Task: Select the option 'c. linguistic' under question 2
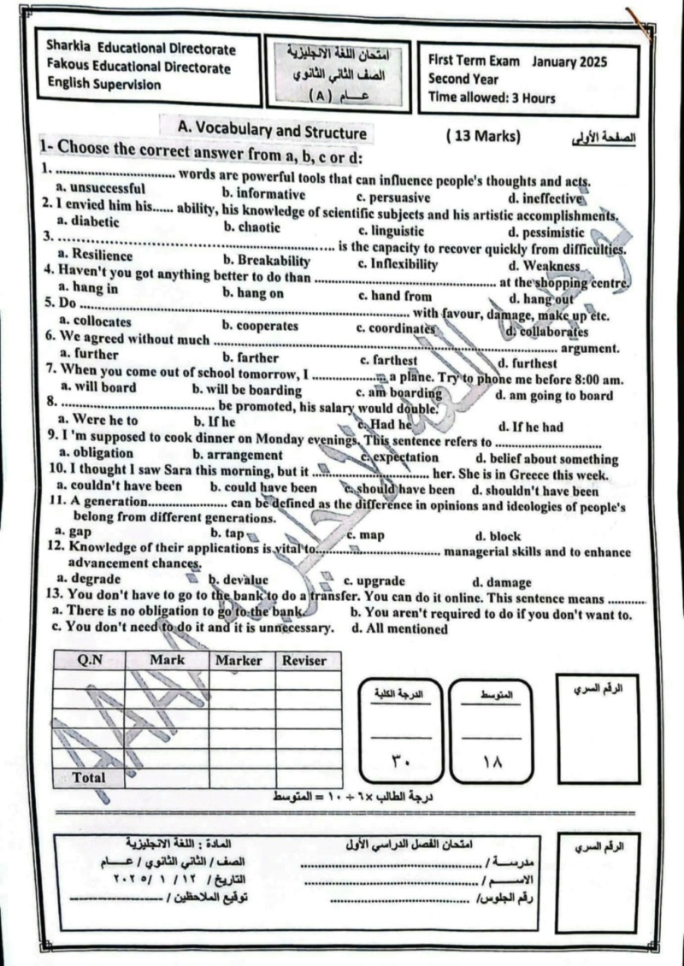click(x=391, y=231)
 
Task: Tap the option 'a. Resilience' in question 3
click(x=95, y=256)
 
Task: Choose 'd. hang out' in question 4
click(x=540, y=299)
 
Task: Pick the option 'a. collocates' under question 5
click(x=95, y=322)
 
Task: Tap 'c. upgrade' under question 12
click(x=374, y=581)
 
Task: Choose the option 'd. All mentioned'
click(x=399, y=629)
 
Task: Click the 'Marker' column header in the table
click(x=239, y=661)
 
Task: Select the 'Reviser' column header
click(x=304, y=661)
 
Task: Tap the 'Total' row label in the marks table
click(x=89, y=778)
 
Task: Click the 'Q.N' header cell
click(x=90, y=660)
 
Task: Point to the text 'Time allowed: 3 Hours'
click(x=492, y=97)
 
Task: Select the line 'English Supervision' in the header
click(x=103, y=85)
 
